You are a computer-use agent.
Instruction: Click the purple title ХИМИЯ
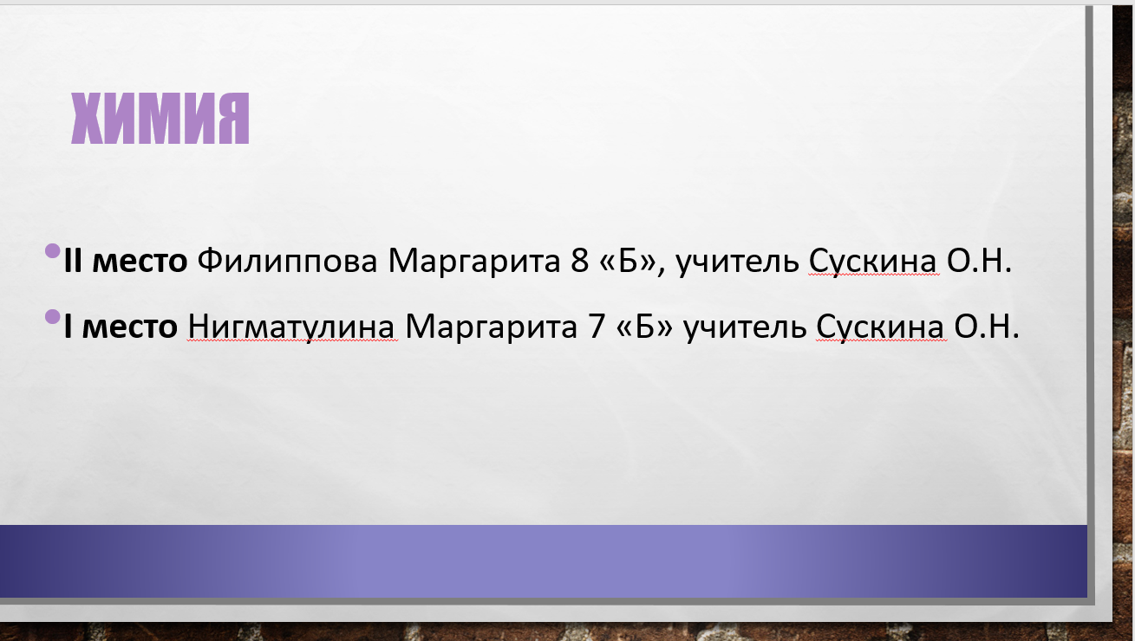[160, 119]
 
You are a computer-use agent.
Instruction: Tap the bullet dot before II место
[53, 250]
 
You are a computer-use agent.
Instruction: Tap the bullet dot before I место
[53, 316]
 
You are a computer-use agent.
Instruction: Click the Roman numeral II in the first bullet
[73, 262]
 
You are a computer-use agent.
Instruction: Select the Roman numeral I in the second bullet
[68, 327]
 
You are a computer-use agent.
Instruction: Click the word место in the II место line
[140, 262]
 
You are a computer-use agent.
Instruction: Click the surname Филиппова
[287, 262]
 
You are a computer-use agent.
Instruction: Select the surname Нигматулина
[291, 327]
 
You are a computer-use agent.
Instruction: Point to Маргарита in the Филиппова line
[474, 262]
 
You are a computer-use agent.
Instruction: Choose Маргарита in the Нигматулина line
[492, 327]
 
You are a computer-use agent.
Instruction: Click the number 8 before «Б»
[580, 261]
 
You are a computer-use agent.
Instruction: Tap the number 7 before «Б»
[597, 327]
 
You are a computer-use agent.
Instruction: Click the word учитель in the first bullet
[738, 262]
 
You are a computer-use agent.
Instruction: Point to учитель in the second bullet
[745, 327]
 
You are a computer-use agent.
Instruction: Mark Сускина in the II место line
[872, 262]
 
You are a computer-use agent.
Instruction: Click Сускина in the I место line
[880, 327]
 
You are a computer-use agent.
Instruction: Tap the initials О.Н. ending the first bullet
[979, 262]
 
